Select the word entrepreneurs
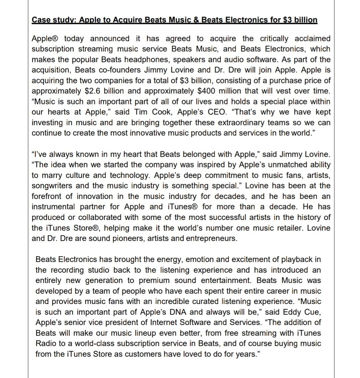pos(211,238)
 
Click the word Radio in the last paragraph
pos(45,343)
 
